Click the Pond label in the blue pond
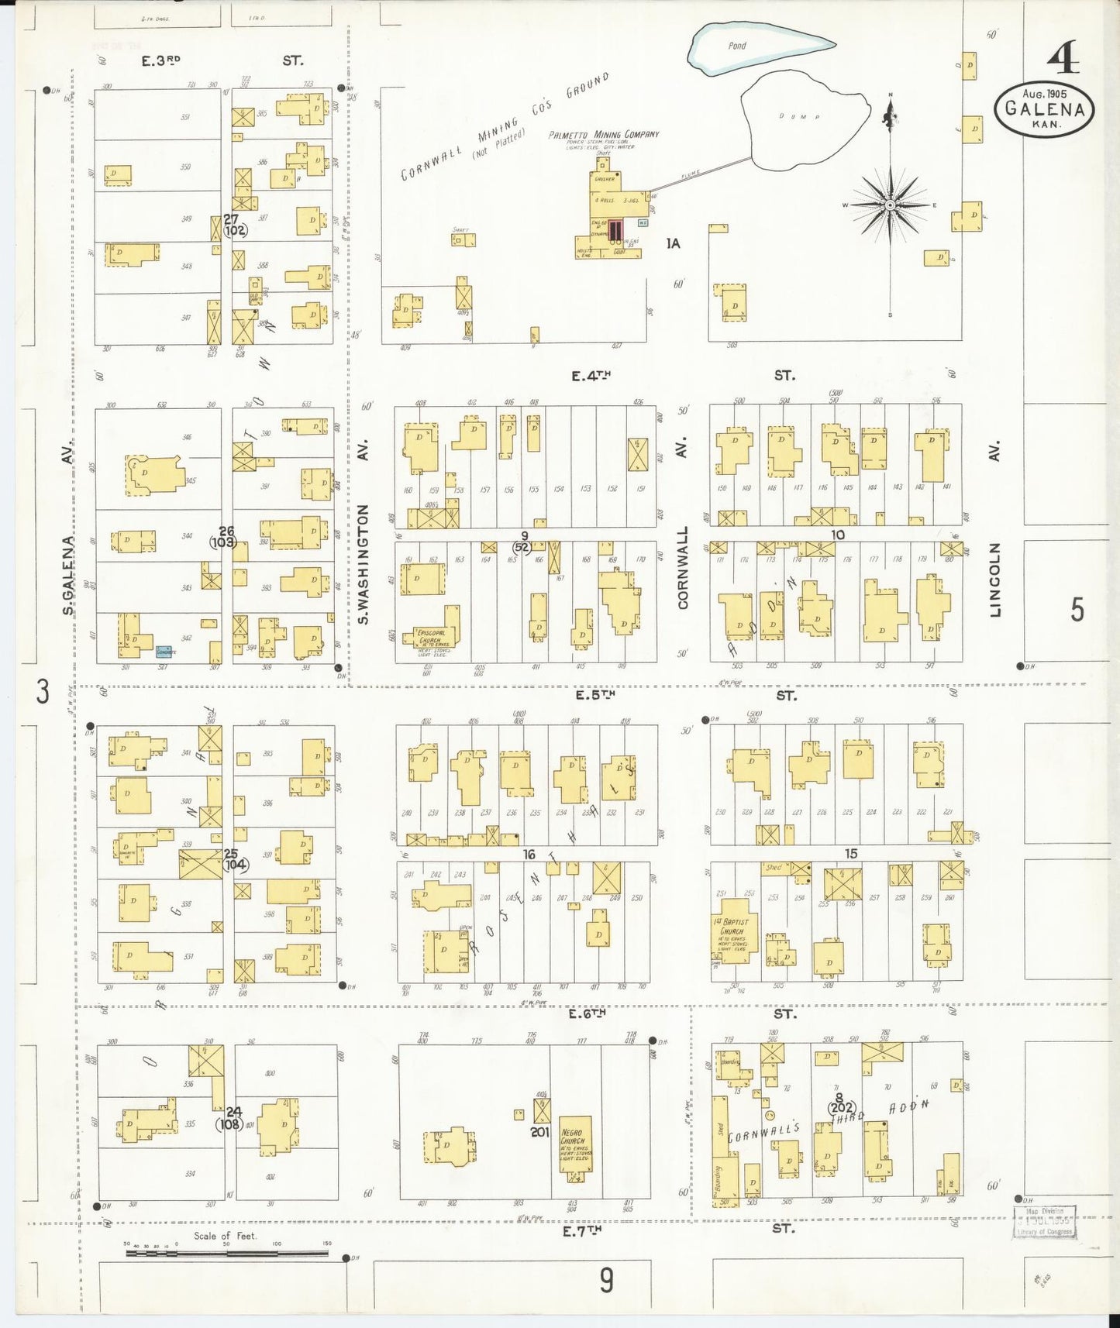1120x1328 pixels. pyautogui.click(x=736, y=46)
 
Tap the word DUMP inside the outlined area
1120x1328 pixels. pyautogui.click(x=799, y=117)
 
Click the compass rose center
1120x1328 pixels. pyautogui.click(x=891, y=205)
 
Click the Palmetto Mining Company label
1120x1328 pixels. pyautogui.click(x=604, y=135)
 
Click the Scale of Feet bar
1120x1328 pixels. pyautogui.click(x=226, y=1252)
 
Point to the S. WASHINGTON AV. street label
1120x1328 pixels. pyautogui.click(x=364, y=542)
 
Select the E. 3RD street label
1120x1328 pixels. pyautogui.click(x=161, y=60)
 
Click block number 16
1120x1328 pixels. pyautogui.click(x=529, y=854)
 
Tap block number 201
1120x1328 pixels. pyautogui.click(x=539, y=1132)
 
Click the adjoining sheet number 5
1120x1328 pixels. pyautogui.click(x=1077, y=611)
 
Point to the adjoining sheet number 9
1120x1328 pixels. pyautogui.click(x=606, y=1280)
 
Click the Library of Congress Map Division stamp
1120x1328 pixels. pyautogui.click(x=1045, y=1223)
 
